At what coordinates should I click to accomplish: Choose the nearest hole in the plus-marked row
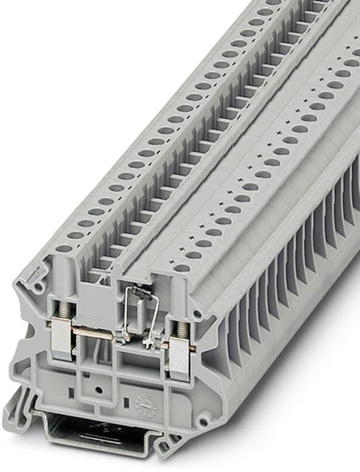pyautogui.click(x=182, y=267)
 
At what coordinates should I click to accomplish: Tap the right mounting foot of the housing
pyautogui.click(x=167, y=447)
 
